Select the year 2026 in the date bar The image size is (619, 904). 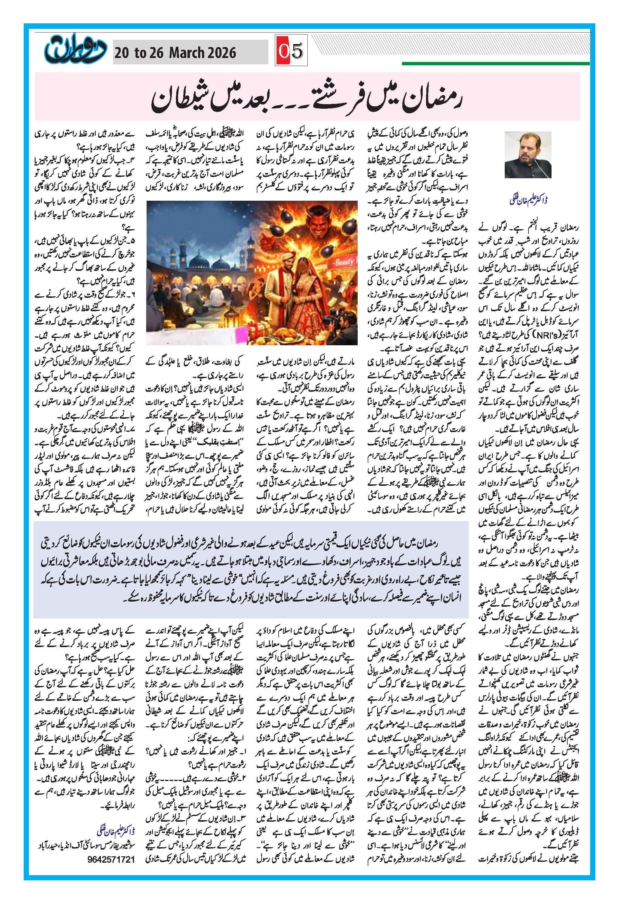[221, 53]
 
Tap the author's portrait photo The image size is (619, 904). [528, 155]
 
